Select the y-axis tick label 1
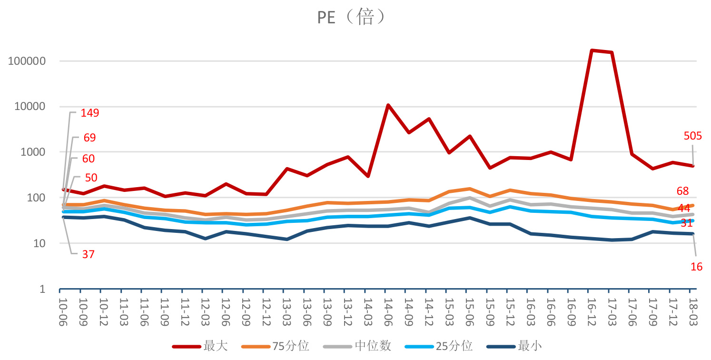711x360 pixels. coord(42,290)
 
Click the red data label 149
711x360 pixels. coord(90,113)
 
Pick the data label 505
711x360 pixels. coord(692,136)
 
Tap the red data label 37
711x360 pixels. coord(88,254)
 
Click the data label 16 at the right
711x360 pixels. coord(696,267)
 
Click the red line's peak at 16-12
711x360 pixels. coord(592,50)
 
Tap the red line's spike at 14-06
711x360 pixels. coord(388,105)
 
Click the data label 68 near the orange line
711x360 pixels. coord(682,191)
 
